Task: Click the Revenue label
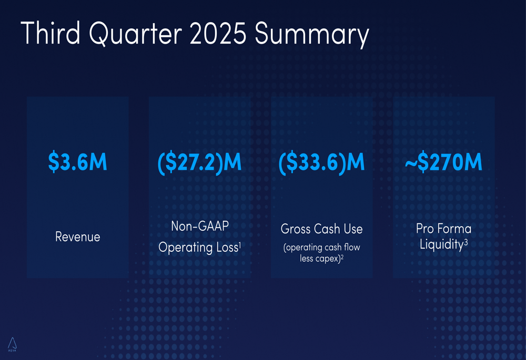point(77,237)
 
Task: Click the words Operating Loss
point(198,247)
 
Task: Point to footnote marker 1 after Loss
point(240,243)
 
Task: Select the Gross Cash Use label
point(321,229)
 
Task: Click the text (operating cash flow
point(321,247)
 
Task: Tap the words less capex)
point(319,259)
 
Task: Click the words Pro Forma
point(443,229)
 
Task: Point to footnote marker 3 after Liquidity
point(466,242)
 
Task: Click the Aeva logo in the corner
point(12,344)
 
